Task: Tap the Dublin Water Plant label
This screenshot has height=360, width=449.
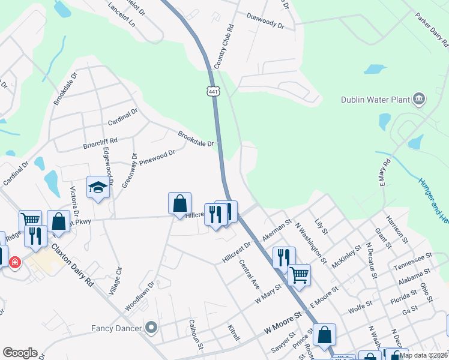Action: (x=375, y=100)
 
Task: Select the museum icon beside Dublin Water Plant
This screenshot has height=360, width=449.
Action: (x=419, y=99)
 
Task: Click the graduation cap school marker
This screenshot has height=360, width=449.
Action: (x=98, y=188)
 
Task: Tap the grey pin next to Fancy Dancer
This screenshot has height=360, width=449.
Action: (x=151, y=328)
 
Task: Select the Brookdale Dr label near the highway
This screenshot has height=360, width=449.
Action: (x=196, y=139)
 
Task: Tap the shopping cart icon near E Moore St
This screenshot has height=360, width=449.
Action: (x=299, y=275)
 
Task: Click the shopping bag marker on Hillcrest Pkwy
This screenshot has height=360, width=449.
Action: (x=179, y=203)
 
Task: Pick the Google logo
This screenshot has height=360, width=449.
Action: (x=20, y=353)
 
